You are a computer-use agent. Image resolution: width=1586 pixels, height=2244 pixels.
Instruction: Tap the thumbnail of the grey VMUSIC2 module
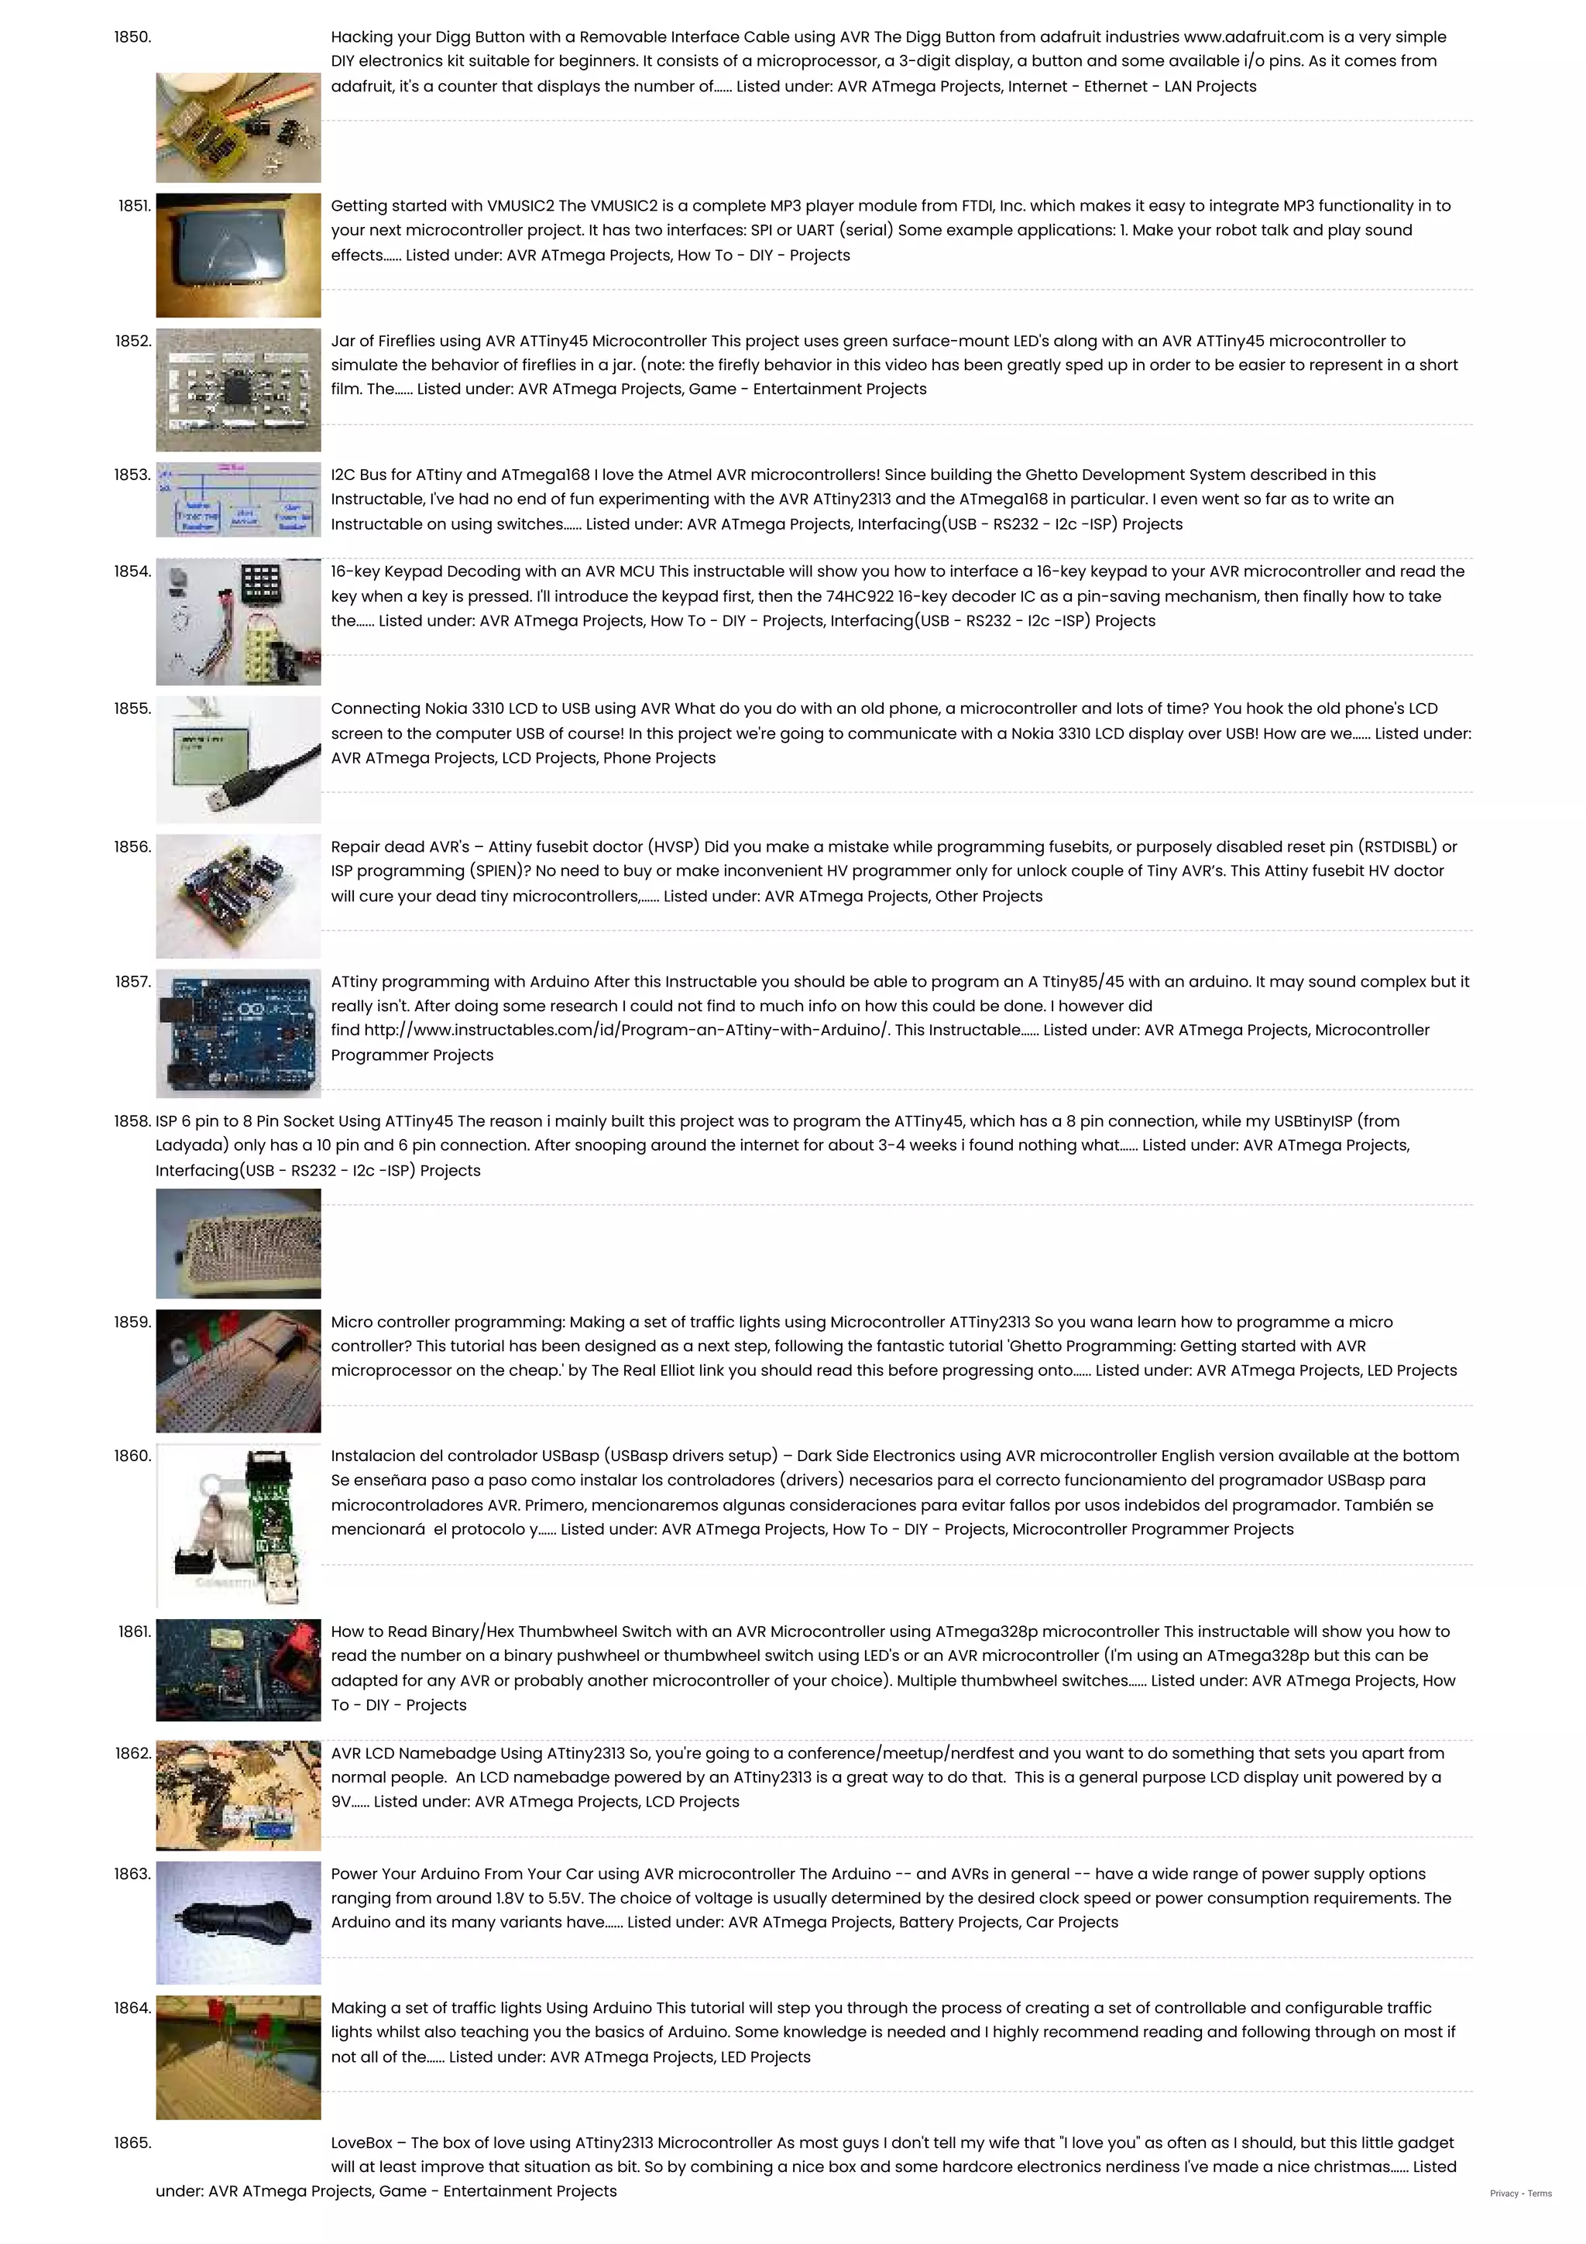(238, 254)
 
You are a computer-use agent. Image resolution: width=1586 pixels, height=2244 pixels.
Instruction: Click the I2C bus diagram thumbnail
(238, 499)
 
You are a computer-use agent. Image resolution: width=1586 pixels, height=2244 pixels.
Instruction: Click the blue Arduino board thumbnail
(238, 1032)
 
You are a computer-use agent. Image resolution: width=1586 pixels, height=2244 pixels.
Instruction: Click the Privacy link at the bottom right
(1503, 2193)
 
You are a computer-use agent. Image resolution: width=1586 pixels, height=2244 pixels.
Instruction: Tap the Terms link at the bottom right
(1540, 2193)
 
